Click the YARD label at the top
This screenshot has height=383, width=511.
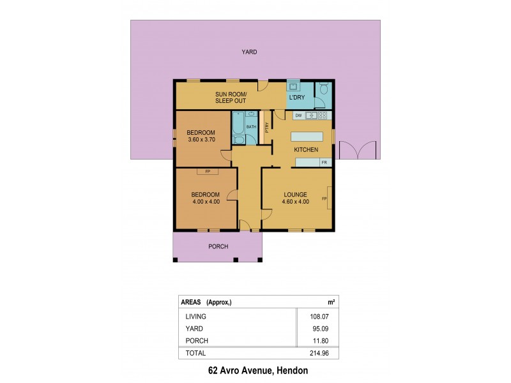249,52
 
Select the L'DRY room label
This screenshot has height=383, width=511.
296,98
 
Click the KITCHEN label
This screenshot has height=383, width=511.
305,149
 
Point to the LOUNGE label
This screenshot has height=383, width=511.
296,195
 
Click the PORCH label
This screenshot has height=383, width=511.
218,246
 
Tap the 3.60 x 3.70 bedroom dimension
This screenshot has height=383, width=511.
202,140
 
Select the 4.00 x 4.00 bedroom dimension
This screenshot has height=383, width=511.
206,202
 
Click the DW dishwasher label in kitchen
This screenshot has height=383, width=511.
298,116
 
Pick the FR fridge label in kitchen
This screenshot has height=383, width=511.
324,163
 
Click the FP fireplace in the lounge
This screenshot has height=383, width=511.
325,199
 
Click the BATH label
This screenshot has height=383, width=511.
251,127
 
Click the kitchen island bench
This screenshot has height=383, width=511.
308,136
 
